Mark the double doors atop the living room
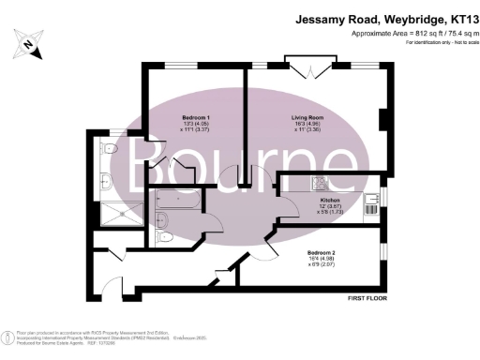click(x=309, y=67)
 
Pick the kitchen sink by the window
click(x=373, y=208)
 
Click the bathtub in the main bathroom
click(x=172, y=199)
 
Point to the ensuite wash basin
click(x=105, y=181)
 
